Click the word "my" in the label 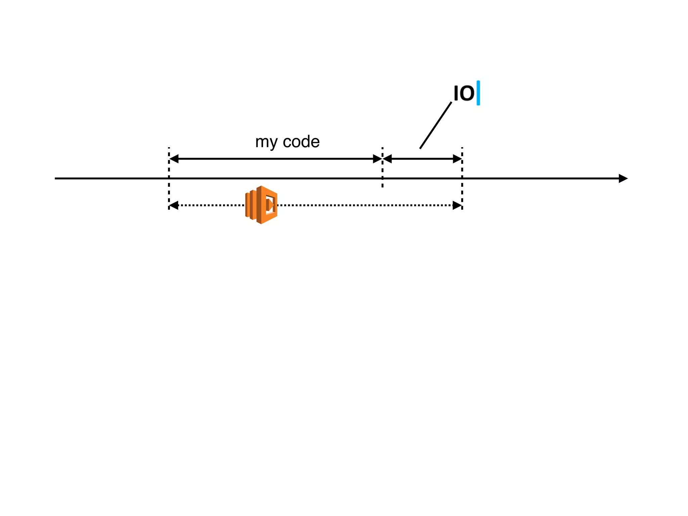coord(266,142)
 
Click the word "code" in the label coord(301,142)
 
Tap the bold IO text coord(464,93)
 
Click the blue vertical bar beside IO coord(478,93)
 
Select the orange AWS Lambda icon coord(261,205)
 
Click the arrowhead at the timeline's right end coord(623,178)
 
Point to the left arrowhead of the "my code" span coord(174,159)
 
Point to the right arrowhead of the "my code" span coord(378,159)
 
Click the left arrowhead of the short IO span coord(387,159)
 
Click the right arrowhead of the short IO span coord(458,159)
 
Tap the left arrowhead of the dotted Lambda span coord(174,205)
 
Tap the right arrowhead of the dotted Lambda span coord(457,205)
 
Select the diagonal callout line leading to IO coord(435,125)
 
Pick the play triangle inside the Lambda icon coord(270,205)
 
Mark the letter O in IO coord(468,93)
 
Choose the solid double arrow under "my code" coord(275,159)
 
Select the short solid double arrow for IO coord(422,159)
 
